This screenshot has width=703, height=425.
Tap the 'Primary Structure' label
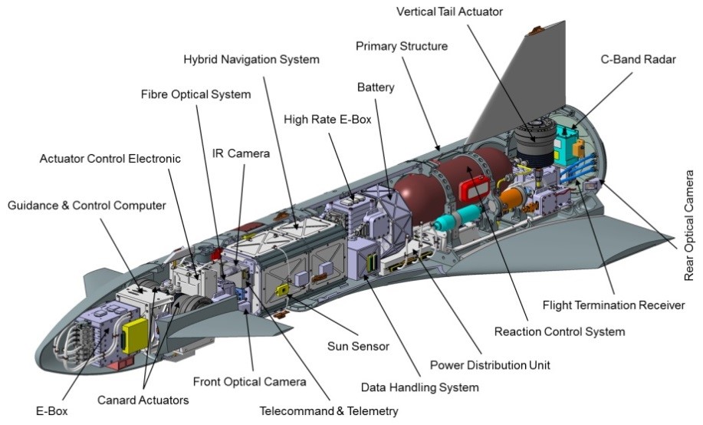(x=401, y=46)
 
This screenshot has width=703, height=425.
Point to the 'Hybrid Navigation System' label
(x=251, y=59)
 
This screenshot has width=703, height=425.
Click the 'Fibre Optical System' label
(x=195, y=94)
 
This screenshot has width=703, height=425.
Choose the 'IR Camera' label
(x=241, y=153)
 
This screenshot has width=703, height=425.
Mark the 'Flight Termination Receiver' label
(x=613, y=305)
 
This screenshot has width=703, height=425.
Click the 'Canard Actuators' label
(x=143, y=399)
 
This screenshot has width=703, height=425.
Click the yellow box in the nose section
(x=135, y=334)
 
